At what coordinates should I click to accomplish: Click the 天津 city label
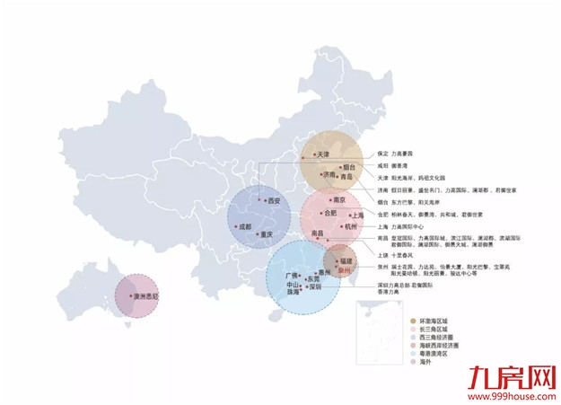point(323,155)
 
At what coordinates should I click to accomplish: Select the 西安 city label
point(271,200)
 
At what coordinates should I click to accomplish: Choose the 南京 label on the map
point(339,201)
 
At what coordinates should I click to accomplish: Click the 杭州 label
point(351,226)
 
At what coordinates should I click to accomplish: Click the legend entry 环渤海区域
point(441,321)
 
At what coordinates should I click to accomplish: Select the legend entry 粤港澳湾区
point(439,354)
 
